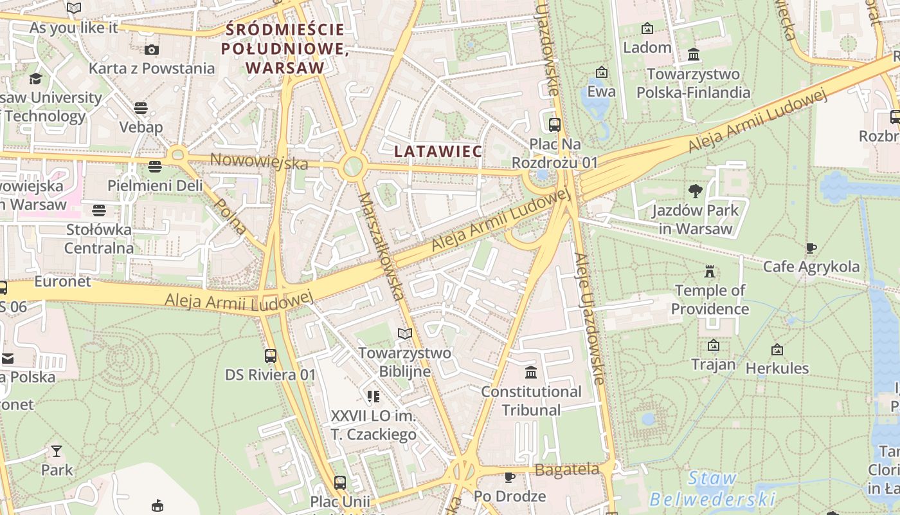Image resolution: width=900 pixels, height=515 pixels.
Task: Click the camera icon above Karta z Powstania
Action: [x=151, y=50]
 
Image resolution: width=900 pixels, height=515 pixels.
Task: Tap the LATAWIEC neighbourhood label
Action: [x=438, y=151]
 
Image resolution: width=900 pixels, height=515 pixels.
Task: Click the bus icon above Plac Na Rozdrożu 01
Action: [x=554, y=125]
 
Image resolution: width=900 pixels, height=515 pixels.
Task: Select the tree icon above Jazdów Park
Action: [x=695, y=191]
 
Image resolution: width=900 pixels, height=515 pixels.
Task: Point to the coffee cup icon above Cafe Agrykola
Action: [x=811, y=248]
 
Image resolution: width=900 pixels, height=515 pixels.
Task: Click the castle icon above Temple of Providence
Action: [x=710, y=271]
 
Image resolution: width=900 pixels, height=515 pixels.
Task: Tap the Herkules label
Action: [x=777, y=368]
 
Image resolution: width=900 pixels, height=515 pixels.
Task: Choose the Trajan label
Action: [x=713, y=364]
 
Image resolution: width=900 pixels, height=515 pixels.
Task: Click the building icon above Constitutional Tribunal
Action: [x=531, y=372]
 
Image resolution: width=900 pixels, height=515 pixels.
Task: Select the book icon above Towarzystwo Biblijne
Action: [x=405, y=333]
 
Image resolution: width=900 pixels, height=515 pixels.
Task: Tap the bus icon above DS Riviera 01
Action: [x=271, y=355]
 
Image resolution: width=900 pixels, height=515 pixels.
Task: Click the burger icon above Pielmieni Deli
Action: [x=154, y=167]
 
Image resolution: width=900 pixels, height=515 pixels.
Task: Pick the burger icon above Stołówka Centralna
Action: [x=98, y=210]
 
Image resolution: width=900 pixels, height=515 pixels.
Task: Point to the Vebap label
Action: [x=141, y=127]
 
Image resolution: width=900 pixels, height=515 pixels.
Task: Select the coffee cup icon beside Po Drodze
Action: [x=509, y=477]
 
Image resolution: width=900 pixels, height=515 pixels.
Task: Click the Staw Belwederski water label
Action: [x=712, y=489]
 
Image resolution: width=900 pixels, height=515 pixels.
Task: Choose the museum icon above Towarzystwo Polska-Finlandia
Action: [x=693, y=54]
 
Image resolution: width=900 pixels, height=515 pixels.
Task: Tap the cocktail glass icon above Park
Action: [x=57, y=451]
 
